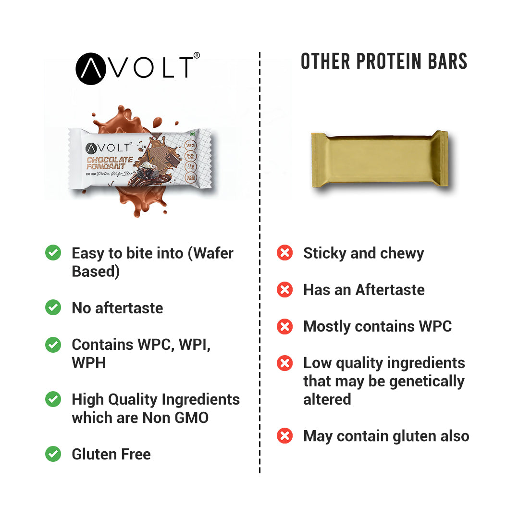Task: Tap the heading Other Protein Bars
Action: (x=384, y=62)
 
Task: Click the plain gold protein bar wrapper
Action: (x=380, y=159)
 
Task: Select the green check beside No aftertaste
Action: (x=53, y=308)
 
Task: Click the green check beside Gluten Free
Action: (x=53, y=454)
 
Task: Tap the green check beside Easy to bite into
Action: (x=53, y=253)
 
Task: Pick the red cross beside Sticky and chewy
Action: (x=285, y=253)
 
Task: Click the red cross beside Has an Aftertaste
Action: (x=285, y=289)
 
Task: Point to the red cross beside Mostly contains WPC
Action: (x=285, y=326)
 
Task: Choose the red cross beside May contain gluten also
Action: (x=285, y=436)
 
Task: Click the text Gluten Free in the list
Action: (x=111, y=454)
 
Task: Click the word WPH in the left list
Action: (x=89, y=363)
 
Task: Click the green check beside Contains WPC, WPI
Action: (x=53, y=345)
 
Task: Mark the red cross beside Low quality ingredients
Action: (x=285, y=363)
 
